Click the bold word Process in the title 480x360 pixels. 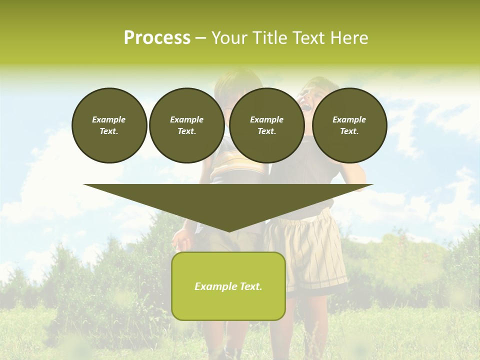click(x=157, y=38)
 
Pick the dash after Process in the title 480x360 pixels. click(x=201, y=39)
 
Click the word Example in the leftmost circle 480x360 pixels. click(x=109, y=119)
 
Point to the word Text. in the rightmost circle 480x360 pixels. click(x=349, y=131)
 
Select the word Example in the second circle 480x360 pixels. click(x=187, y=119)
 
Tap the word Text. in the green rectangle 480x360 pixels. click(x=251, y=286)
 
